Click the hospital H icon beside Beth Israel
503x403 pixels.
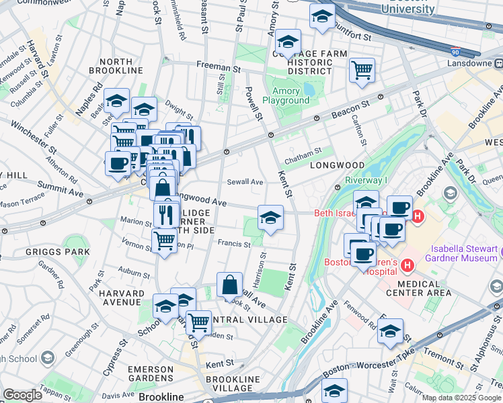418,216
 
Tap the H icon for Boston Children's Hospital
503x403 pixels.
406,267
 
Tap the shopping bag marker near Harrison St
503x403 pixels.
229,284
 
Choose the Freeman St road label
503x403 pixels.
219,66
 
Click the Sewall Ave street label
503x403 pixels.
245,181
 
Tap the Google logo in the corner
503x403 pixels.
22,395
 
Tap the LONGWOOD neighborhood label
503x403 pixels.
337,165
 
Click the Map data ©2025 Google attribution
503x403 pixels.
461,398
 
